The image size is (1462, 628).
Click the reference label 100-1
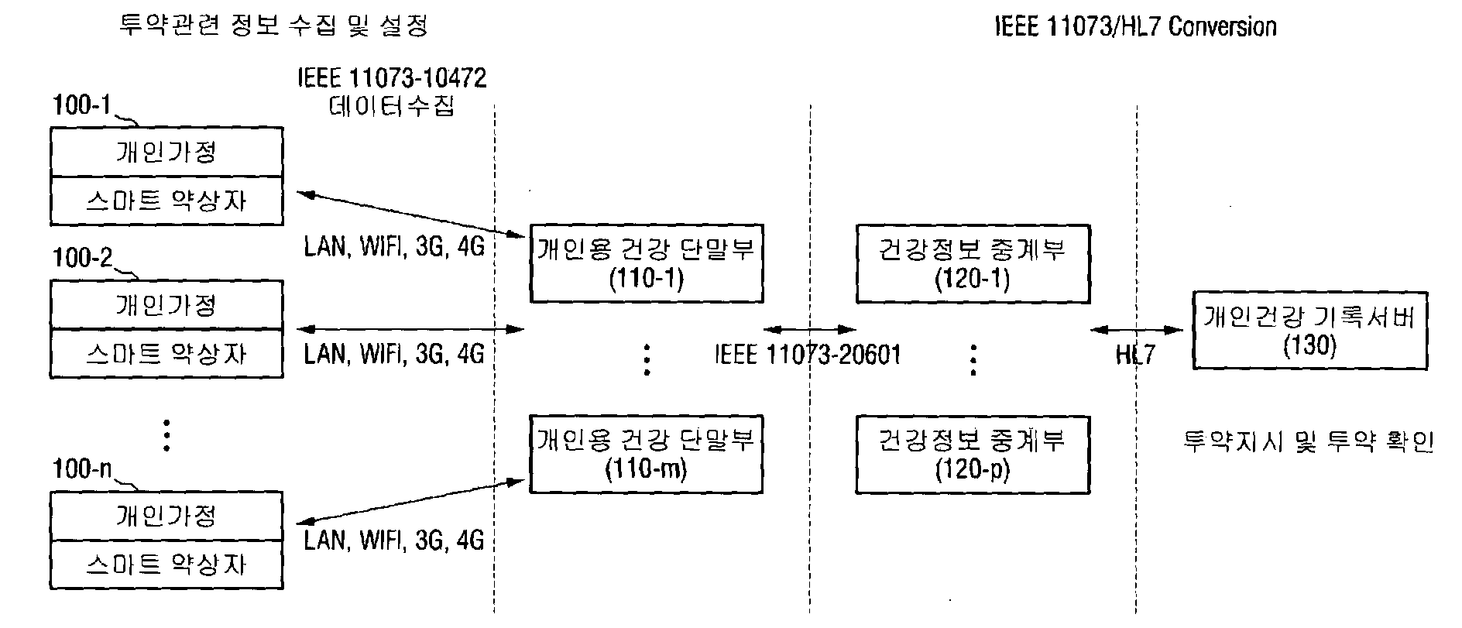pyautogui.click(x=82, y=105)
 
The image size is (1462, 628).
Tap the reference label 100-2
pyautogui.click(x=82, y=258)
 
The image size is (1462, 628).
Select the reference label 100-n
pyautogui.click(x=82, y=468)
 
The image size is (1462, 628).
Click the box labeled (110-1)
pyautogui.click(x=646, y=263)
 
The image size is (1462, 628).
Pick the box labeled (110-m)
pyautogui.click(x=646, y=454)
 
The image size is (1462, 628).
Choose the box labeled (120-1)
pyautogui.click(x=973, y=263)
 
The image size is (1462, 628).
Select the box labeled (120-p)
pyautogui.click(x=973, y=454)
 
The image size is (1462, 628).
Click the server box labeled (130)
pyautogui.click(x=1309, y=330)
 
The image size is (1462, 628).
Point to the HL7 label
pyautogui.click(x=1135, y=355)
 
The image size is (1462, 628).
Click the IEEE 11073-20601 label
pyautogui.click(x=808, y=355)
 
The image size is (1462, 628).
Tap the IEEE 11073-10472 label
pyautogui.click(x=392, y=78)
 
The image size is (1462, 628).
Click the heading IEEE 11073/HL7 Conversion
pyautogui.click(x=1135, y=26)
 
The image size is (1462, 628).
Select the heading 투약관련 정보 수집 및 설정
pyautogui.click(x=273, y=26)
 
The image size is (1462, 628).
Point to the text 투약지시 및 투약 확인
pyautogui.click(x=1309, y=441)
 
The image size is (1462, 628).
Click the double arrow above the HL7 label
pyautogui.click(x=1137, y=330)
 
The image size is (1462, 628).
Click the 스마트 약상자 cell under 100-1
pyautogui.click(x=166, y=201)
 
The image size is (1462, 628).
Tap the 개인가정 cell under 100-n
pyautogui.click(x=166, y=516)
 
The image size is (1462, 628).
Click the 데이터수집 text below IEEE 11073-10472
pyautogui.click(x=392, y=105)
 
